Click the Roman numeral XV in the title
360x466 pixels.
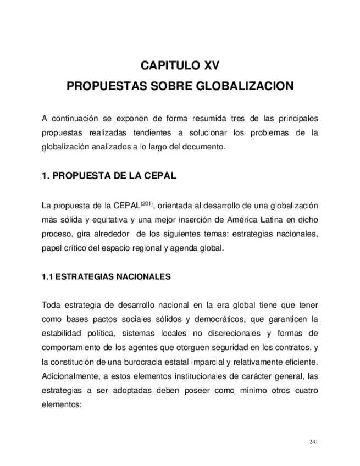208,66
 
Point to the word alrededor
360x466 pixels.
112,234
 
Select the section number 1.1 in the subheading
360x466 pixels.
47,277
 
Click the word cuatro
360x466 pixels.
306,390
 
